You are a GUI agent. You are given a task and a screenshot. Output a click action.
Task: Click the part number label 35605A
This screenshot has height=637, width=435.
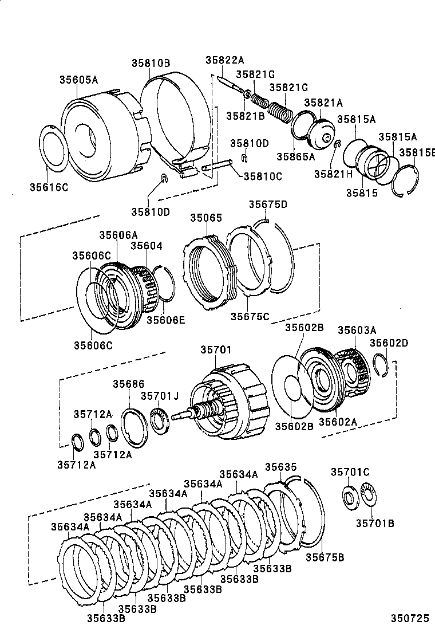tap(79, 80)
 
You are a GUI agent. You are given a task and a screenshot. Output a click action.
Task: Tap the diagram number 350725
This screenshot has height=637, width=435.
tap(410, 619)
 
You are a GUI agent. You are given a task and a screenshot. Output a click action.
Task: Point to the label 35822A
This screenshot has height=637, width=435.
tap(225, 60)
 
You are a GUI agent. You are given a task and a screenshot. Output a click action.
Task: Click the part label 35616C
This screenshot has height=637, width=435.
tap(49, 187)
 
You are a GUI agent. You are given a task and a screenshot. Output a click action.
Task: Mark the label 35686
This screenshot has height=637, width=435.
tap(128, 384)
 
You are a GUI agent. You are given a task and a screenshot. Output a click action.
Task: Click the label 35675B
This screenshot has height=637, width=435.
tap(324, 557)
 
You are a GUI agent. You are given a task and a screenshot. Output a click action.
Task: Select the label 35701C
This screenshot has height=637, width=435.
tap(350, 472)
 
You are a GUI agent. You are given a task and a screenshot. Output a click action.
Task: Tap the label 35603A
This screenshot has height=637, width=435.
tap(357, 330)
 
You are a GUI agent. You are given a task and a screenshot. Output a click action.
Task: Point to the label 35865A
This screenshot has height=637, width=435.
tap(296, 156)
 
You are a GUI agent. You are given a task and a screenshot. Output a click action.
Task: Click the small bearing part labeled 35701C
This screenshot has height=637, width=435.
tap(348, 495)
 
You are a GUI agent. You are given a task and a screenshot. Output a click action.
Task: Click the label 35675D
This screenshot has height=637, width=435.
tap(268, 205)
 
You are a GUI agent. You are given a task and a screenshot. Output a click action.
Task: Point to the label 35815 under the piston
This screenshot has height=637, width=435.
tap(361, 193)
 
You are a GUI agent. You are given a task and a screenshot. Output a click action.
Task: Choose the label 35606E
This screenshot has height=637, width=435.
tap(166, 320)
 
